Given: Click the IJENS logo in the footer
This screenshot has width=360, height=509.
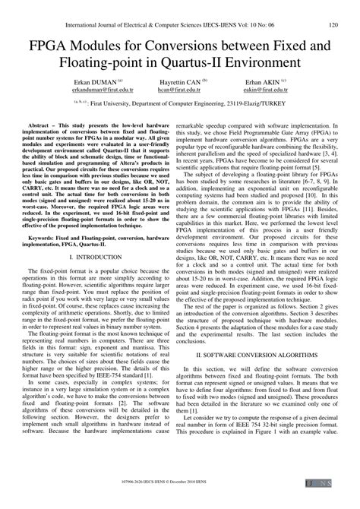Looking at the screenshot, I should click(x=333, y=503).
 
